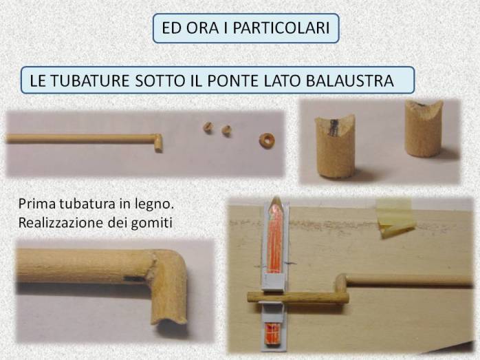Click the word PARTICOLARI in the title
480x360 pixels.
281,28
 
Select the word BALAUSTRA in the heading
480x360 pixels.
349,81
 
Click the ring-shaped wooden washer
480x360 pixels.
267,140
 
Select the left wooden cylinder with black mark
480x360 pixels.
335,147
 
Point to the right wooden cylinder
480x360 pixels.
424,129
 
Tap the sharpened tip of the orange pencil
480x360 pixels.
276,199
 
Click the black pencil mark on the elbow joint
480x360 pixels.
134,279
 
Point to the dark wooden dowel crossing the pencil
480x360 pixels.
298,298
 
